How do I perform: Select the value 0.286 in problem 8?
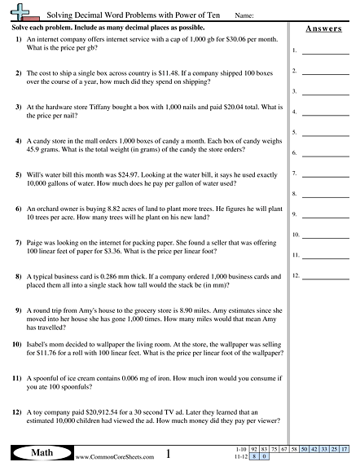click(97, 277)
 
